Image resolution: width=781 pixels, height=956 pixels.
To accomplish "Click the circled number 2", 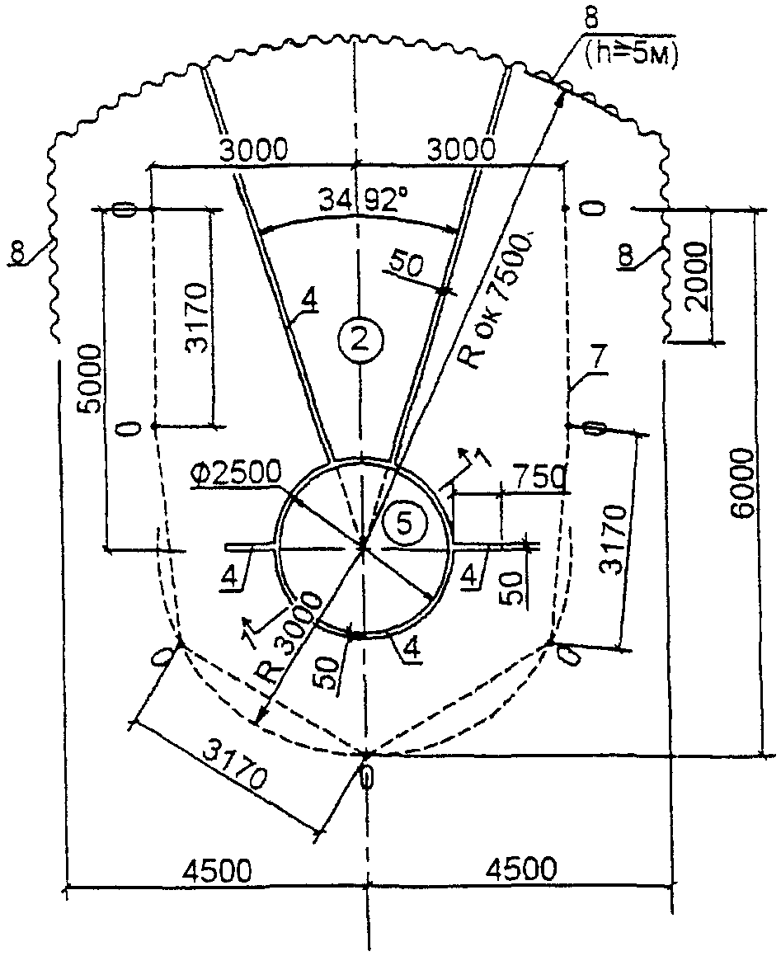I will click(x=359, y=339).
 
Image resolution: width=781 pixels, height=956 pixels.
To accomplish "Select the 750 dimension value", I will click(x=539, y=477).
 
